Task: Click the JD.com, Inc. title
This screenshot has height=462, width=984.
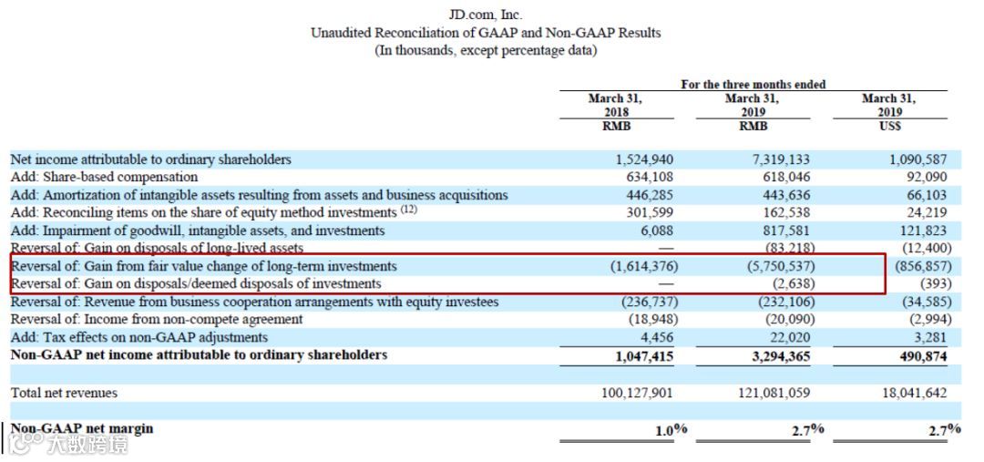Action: [486, 15]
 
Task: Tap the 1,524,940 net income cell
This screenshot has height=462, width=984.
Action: [644, 159]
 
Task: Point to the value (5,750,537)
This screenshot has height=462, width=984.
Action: [774, 266]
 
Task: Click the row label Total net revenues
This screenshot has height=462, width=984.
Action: [64, 393]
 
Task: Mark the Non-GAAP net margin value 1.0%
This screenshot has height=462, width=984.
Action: [671, 430]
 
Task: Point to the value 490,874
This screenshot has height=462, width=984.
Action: [921, 356]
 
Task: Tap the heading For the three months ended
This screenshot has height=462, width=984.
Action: [753, 85]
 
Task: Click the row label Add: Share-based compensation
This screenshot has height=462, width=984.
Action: [104, 177]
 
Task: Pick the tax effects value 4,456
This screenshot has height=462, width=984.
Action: [655, 337]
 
